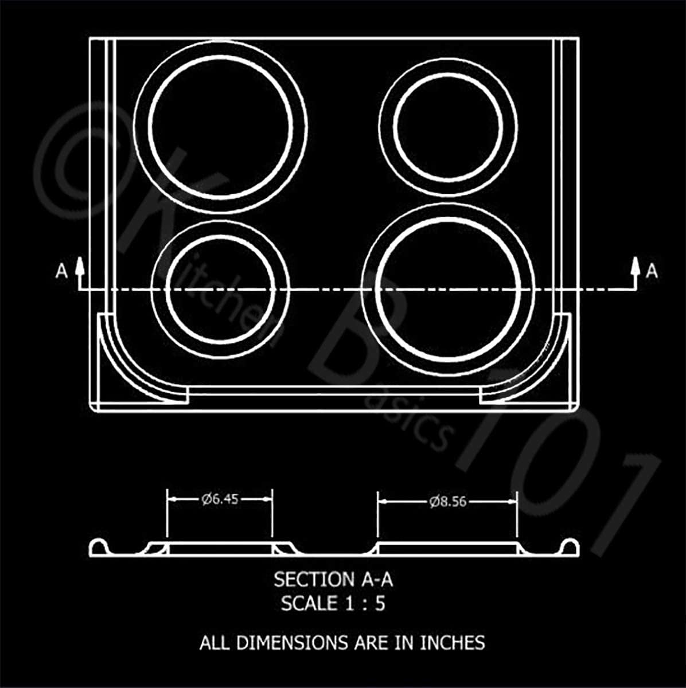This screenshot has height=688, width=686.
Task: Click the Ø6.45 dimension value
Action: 220,499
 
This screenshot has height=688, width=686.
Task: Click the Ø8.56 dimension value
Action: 447,502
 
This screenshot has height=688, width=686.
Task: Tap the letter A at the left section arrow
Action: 61,271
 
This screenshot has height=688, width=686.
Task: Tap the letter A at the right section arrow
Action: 652,271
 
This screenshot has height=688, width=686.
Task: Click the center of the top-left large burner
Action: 221,126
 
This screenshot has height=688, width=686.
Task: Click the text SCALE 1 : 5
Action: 333,603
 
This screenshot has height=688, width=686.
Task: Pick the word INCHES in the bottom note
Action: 453,643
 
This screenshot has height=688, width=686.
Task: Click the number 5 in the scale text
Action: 380,603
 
